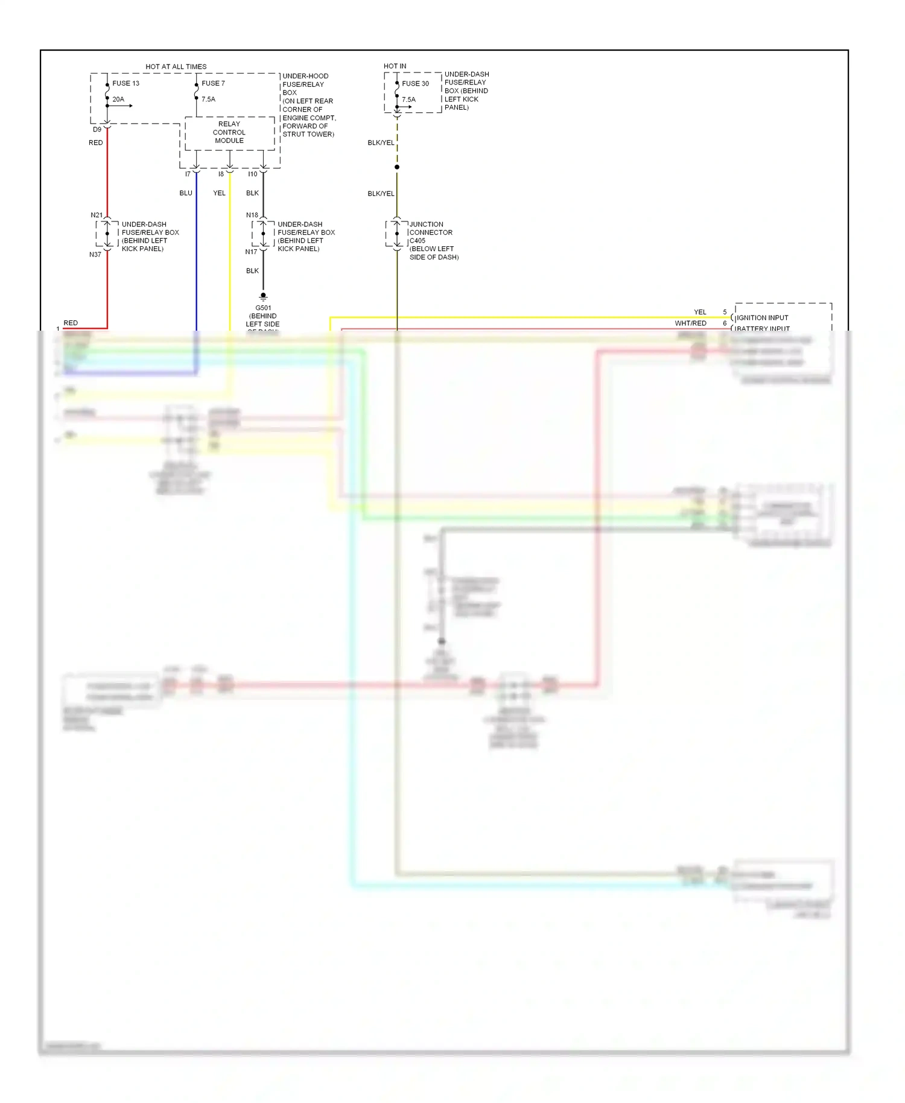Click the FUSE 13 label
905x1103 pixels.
(125, 83)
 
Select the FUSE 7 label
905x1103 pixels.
(213, 83)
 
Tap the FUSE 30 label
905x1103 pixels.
(415, 83)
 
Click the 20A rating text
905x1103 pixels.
(118, 99)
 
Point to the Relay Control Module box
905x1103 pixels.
(229, 133)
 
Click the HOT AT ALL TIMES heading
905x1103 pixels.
(176, 66)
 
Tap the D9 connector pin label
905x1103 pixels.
(97, 129)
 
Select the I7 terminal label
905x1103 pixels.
(188, 174)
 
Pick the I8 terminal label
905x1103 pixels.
(221, 174)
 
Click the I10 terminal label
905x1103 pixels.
(252, 174)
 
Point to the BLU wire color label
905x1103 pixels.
(186, 193)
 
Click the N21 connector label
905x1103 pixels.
(97, 215)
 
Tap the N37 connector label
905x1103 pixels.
(95, 255)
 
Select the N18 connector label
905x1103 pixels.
(252, 215)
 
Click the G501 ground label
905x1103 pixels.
(263, 308)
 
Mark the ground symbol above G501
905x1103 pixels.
(263, 296)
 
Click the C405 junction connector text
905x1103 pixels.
(418, 240)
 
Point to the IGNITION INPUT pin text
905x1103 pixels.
(762, 317)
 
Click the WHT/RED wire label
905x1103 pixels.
(690, 323)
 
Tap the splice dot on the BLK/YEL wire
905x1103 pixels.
(397, 167)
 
